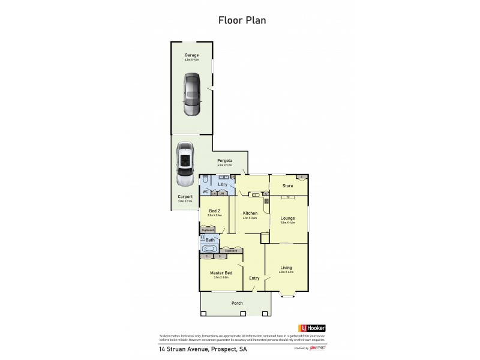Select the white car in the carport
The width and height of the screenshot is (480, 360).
[x=185, y=164]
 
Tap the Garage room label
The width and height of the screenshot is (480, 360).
[x=191, y=55]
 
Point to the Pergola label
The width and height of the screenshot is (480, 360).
[x=224, y=161]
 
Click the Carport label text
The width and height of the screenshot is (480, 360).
[x=185, y=196]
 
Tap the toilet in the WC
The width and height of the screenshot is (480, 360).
[x=205, y=180]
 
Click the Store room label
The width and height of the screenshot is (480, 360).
[x=287, y=185]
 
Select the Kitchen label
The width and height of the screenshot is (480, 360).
[x=250, y=213]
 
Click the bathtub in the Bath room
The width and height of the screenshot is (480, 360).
[x=209, y=248]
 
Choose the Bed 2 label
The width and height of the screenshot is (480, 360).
[x=214, y=210]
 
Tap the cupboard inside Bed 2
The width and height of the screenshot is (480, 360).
[x=208, y=230]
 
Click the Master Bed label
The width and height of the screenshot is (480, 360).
[x=221, y=273]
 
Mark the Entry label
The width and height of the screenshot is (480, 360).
[x=254, y=278]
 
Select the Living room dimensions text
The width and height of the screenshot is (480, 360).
[x=286, y=272]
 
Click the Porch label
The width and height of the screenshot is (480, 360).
[x=237, y=303]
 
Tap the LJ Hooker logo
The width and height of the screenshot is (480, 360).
[x=311, y=328]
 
